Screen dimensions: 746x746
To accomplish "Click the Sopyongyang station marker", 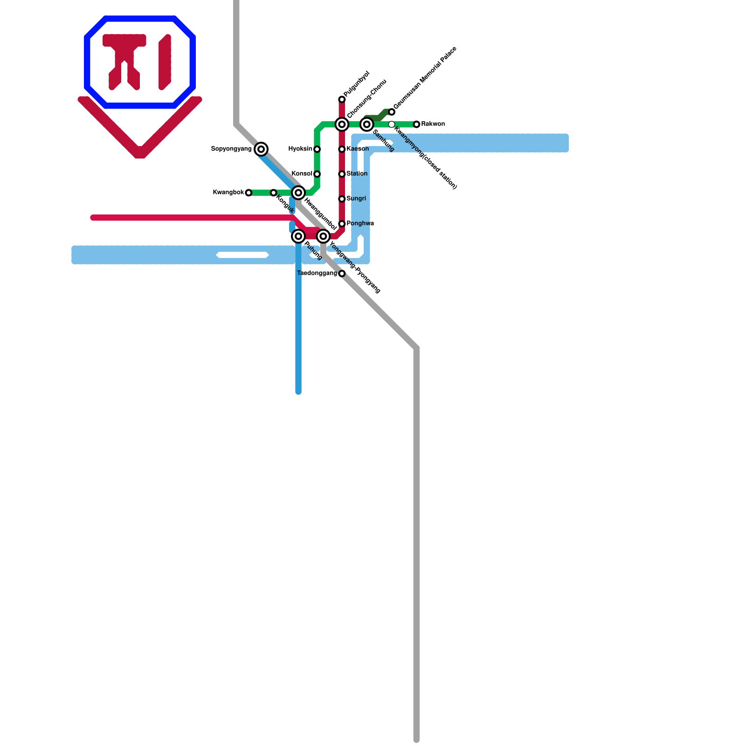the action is (262, 149).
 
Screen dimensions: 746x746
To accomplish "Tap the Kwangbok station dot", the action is (249, 193).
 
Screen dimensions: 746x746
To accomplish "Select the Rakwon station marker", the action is (416, 124).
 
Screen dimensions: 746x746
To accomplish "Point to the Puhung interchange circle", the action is (298, 236).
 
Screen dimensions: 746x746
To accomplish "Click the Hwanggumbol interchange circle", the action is (298, 193).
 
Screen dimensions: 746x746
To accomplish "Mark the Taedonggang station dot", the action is (342, 274).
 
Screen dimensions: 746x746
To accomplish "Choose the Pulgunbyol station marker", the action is (342, 99).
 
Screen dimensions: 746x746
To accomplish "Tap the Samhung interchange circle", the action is (367, 124).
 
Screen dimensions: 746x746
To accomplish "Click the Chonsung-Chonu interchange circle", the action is (342, 124).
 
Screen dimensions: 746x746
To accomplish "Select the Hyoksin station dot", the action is (317, 149).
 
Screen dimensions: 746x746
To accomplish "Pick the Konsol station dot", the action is (317, 174).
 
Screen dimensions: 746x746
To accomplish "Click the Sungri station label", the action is (356, 199).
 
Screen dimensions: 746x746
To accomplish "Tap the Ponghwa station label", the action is (360, 223).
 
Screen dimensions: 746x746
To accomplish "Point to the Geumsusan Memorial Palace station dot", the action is (392, 112).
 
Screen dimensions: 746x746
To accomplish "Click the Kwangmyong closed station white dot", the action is (392, 124).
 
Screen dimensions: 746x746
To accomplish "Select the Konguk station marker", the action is (274, 193).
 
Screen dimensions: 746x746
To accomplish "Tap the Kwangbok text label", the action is (228, 193).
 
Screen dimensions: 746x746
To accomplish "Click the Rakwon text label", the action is (433, 124).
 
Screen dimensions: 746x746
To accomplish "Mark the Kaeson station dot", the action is (342, 149).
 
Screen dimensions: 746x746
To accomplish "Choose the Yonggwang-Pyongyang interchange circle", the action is (323, 236).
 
